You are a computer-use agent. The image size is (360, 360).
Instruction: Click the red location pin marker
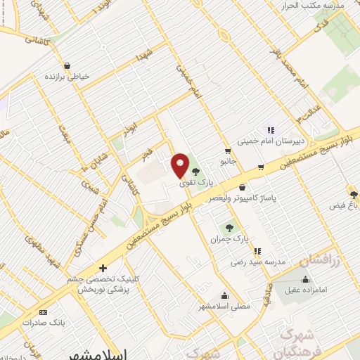click(180, 167)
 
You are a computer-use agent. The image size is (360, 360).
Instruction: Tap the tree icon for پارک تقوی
click(195, 171)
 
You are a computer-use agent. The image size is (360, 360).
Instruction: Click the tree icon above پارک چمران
click(229, 227)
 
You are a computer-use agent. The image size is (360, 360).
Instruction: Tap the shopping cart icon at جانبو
click(227, 150)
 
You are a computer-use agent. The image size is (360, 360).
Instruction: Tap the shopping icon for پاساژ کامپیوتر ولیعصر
click(243, 187)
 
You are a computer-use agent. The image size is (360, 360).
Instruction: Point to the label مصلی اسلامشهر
click(225, 307)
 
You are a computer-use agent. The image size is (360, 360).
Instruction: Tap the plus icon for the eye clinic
click(103, 268)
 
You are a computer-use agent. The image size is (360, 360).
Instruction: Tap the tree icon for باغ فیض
click(353, 193)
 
